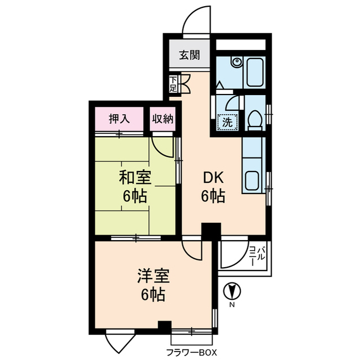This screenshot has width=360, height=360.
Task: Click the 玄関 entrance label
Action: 190,55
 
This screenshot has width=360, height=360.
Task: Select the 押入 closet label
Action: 119,119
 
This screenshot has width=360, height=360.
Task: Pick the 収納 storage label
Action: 163,119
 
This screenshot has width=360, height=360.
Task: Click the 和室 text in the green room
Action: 135,178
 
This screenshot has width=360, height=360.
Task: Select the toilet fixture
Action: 254,120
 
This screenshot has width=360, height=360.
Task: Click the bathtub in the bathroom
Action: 255,71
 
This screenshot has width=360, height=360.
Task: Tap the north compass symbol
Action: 231,291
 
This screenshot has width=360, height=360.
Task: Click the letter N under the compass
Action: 231,305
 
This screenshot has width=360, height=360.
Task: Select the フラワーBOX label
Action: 191,353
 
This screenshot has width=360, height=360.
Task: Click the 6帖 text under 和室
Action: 135,197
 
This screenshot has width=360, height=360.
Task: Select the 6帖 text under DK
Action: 214,197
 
